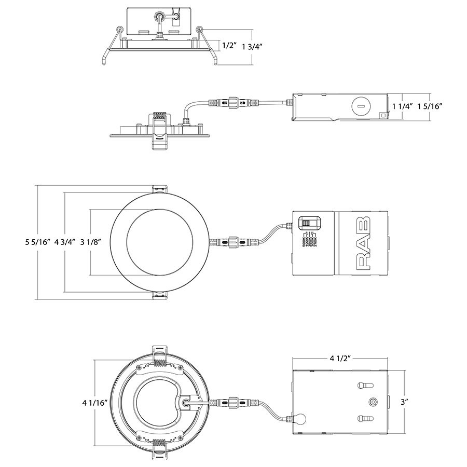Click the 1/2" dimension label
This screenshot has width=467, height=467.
tap(229, 46)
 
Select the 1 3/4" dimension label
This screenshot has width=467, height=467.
tap(253, 46)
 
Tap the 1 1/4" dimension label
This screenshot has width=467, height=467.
tap(402, 106)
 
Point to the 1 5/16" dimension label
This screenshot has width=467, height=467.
tap(430, 106)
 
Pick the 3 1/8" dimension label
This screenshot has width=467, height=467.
tap(89, 242)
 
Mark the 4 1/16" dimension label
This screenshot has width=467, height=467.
tap(94, 402)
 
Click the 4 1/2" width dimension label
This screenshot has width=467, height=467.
tap(340, 359)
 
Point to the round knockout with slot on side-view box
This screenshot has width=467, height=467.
tap(359, 106)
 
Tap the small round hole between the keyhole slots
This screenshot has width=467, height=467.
tap(372, 402)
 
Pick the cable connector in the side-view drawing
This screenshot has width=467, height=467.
tap(228, 103)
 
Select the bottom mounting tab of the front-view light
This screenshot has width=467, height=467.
tap(159, 295)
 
